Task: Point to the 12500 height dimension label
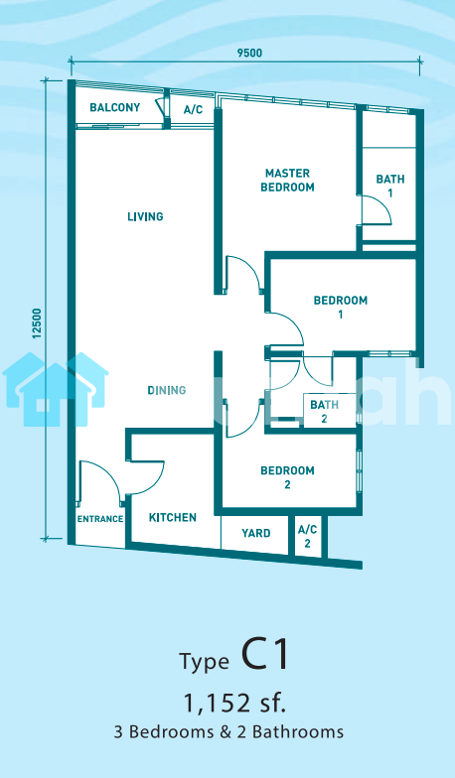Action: [x=36, y=324]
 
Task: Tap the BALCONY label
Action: [x=115, y=107]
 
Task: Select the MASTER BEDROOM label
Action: [x=288, y=181]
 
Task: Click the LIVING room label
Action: [x=145, y=216]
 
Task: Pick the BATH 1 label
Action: [x=389, y=186]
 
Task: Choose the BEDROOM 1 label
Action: [x=340, y=308]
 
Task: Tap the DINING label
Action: [x=167, y=391]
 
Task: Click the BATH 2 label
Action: [x=324, y=412]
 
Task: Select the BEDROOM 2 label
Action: [x=288, y=477]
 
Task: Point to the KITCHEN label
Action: [x=173, y=518]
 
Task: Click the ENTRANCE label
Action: [x=99, y=519]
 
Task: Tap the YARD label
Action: [x=256, y=534]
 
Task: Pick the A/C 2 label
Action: [x=308, y=536]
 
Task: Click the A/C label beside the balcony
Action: [x=193, y=109]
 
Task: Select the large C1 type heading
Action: [x=264, y=655]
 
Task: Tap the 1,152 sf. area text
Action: [x=234, y=703]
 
